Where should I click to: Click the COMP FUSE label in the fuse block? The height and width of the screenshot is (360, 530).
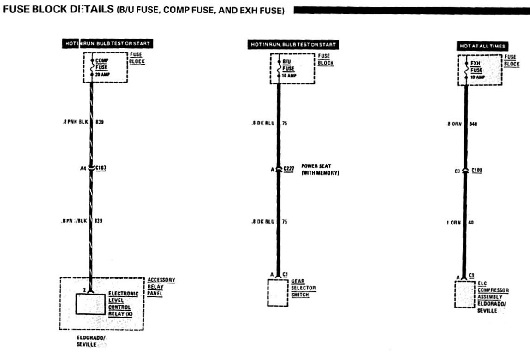click(101, 63)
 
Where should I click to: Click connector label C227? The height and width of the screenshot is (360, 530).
click(289, 169)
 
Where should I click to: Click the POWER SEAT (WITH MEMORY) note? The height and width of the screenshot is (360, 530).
click(320, 169)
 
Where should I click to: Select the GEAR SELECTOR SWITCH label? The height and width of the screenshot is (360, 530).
click(303, 288)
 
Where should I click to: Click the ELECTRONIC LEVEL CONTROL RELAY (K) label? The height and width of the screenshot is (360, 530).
click(120, 304)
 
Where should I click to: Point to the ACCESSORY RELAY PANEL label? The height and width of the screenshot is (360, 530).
click(161, 287)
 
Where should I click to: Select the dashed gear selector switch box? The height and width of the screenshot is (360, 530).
click(277, 292)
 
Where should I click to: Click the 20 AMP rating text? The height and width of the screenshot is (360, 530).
click(102, 74)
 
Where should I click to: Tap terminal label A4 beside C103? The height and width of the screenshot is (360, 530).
click(83, 168)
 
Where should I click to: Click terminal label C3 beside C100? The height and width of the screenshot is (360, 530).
click(458, 171)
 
